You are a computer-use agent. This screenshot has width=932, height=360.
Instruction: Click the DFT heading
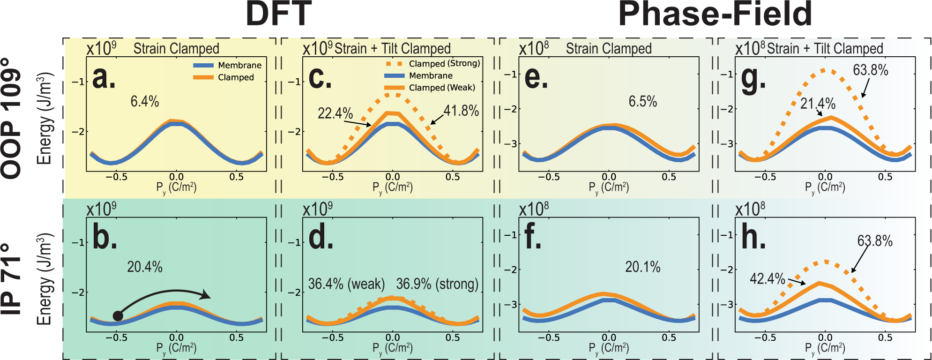coord(278,14)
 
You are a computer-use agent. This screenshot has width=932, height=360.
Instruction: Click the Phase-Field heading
coord(715,14)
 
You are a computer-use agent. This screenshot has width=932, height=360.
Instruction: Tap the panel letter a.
coord(104,78)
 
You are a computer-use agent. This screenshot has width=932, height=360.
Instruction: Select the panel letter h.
coord(753,238)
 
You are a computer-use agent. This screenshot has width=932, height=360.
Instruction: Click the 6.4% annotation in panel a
coord(145,101)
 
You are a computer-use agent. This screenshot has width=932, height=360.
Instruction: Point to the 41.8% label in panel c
coord(461,111)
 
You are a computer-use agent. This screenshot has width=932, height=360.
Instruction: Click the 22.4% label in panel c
coord(335,113)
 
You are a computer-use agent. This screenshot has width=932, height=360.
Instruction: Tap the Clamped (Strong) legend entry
coord(444,63)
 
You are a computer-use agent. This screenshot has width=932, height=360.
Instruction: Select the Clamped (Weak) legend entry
coord(441,88)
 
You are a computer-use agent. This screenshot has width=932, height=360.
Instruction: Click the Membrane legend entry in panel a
coord(239,65)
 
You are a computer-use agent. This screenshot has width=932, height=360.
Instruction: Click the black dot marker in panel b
coord(118,316)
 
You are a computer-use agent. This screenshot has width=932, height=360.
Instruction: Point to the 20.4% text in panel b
coord(145,267)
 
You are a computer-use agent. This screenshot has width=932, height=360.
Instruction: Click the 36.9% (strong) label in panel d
coord(437,284)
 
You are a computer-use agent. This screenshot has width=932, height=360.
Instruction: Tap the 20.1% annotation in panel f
coord(642,267)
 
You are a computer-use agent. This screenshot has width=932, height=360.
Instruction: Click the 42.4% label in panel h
coord(767,279)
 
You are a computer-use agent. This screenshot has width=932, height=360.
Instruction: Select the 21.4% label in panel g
coord(818,104)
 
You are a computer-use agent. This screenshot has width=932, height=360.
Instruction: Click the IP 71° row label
coord(12,279)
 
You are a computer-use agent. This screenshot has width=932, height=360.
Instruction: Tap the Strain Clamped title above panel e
coord(609,49)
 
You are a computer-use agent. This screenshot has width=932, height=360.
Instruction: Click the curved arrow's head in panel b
coord(206,295)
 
